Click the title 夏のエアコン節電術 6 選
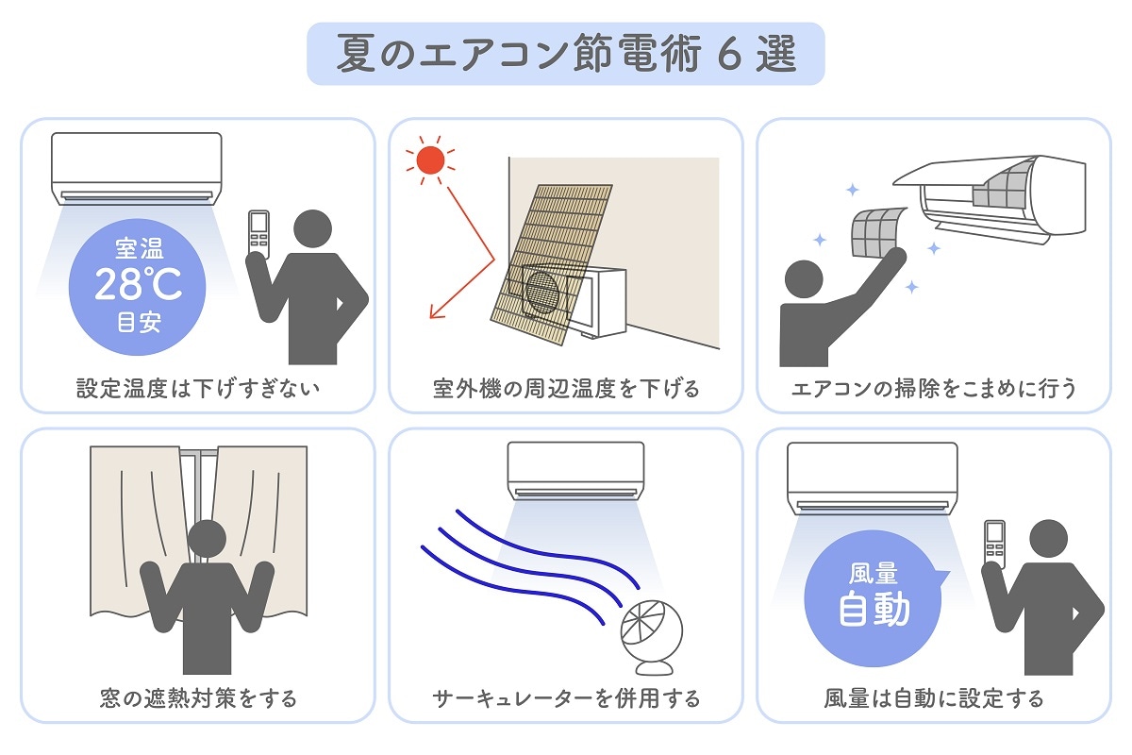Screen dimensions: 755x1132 tap(566, 55)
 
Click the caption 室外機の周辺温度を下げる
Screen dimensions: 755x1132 tap(566, 388)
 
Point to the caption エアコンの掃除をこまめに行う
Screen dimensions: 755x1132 tap(934, 388)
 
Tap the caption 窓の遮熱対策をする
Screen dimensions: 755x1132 tap(198, 698)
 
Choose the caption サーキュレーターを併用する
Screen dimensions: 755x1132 tap(566, 698)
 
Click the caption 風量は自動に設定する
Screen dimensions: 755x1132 tap(934, 698)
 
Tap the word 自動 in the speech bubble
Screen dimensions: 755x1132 tap(874, 609)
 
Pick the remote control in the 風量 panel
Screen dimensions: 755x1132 tap(994, 544)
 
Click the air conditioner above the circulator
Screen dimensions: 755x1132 tap(575, 472)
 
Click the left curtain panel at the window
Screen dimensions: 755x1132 tap(132, 528)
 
